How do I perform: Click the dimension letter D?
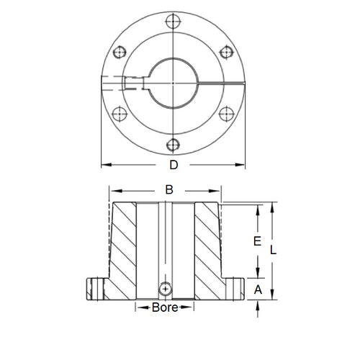click(x=173, y=166)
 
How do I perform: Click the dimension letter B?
click(x=169, y=191)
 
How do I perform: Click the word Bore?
click(x=166, y=307)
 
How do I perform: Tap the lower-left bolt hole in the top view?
click(x=120, y=113)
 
